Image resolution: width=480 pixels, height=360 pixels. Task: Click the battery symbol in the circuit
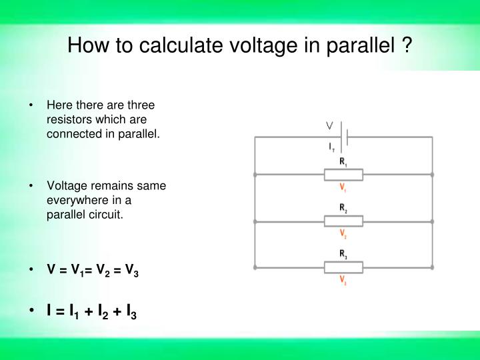344,137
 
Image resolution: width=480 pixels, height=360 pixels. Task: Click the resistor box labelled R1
343,175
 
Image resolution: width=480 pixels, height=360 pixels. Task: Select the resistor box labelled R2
343,221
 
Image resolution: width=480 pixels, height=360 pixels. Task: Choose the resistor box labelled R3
343,267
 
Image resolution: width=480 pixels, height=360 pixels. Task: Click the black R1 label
343,161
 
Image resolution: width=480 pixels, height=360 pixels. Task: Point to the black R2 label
343,208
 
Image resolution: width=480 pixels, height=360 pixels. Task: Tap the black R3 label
343,254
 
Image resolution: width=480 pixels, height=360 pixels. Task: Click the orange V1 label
343,187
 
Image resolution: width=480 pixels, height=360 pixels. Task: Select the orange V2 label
343,233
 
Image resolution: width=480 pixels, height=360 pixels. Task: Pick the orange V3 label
343,280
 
